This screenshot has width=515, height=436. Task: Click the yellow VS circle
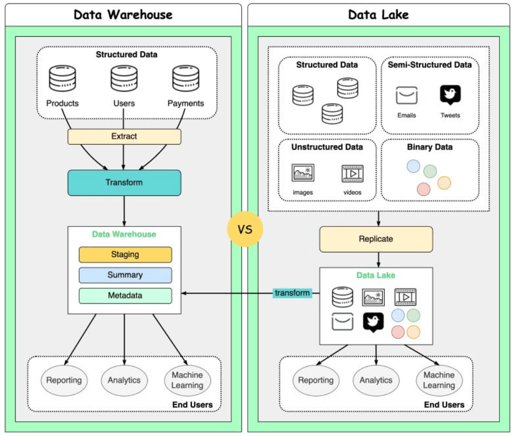pyautogui.click(x=245, y=230)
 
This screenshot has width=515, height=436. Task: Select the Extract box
pyautogui.click(x=124, y=137)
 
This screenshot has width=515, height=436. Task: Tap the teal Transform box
pyautogui.click(x=124, y=183)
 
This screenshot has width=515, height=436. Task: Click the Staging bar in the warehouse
pyautogui.click(x=125, y=254)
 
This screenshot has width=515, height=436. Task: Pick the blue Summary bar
pyautogui.click(x=125, y=275)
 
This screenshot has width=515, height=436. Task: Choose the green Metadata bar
pyautogui.click(x=125, y=296)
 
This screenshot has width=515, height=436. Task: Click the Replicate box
pyautogui.click(x=376, y=239)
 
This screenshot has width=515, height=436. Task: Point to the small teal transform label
pyautogui.click(x=292, y=293)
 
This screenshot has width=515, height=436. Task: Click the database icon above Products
pyautogui.click(x=63, y=79)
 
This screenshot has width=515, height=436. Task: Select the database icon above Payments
pyautogui.click(x=185, y=79)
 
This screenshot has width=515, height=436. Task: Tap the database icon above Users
pyautogui.click(x=124, y=79)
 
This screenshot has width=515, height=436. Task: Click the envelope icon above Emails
pyautogui.click(x=407, y=96)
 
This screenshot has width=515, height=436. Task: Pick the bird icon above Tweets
pyautogui.click(x=450, y=95)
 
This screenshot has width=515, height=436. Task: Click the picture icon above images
pyautogui.click(x=303, y=173)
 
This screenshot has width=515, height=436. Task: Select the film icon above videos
pyautogui.click(x=353, y=173)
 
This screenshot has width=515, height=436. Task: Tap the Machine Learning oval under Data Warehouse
pyautogui.click(x=187, y=380)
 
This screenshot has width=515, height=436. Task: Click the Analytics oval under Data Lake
pyautogui.click(x=376, y=380)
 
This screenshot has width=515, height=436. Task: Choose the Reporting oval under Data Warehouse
pyautogui.click(x=64, y=380)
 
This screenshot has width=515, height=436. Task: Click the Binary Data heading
pyautogui.click(x=430, y=147)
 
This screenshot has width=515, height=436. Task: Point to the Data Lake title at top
pyautogui.click(x=378, y=15)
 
